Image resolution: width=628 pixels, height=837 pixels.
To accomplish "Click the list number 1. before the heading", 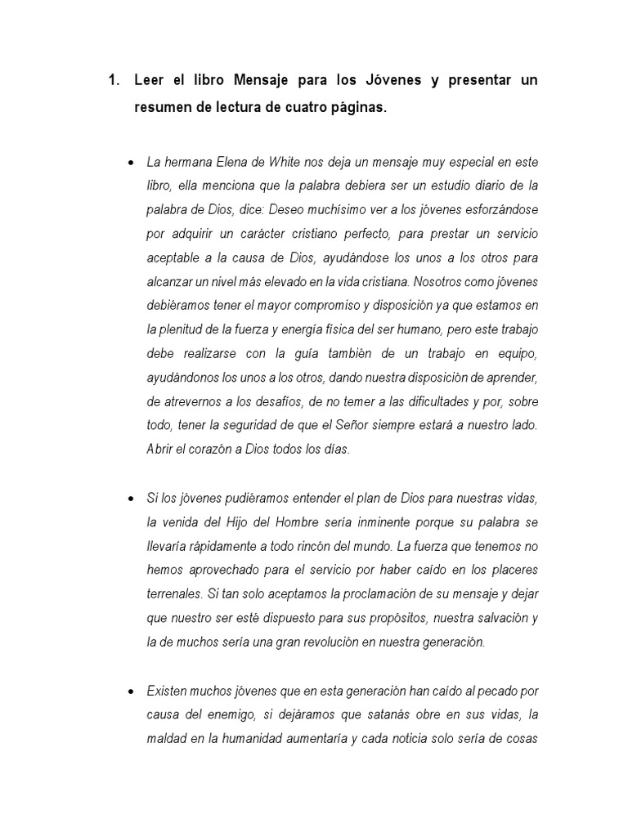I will [x=114, y=80].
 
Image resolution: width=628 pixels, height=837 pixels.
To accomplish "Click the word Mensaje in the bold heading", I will [x=265, y=80].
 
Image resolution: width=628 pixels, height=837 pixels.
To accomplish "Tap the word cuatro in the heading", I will [x=314, y=109].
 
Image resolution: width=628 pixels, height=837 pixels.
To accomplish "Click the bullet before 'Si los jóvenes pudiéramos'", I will [x=131, y=499].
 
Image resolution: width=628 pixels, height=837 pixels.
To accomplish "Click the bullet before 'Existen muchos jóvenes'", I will [x=131, y=692].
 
